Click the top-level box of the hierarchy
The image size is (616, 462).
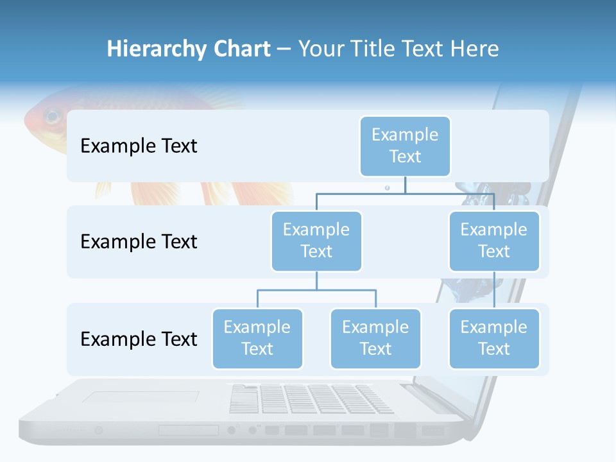pyautogui.click(x=405, y=146)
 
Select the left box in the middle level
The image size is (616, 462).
pyautogui.click(x=316, y=241)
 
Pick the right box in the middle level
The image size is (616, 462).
pyautogui.click(x=494, y=241)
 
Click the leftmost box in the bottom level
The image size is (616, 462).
pyautogui.click(x=257, y=338)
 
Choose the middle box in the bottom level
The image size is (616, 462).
pyautogui.click(x=375, y=338)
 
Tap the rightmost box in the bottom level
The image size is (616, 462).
pyautogui.click(x=494, y=338)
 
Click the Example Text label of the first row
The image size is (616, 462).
pyautogui.click(x=139, y=146)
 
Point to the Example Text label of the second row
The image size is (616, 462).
pyautogui.click(x=139, y=242)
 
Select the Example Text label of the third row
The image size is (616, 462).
pyautogui.click(x=139, y=339)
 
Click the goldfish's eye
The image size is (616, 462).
pyautogui.click(x=52, y=117)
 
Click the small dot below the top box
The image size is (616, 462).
pyautogui.click(x=387, y=188)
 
